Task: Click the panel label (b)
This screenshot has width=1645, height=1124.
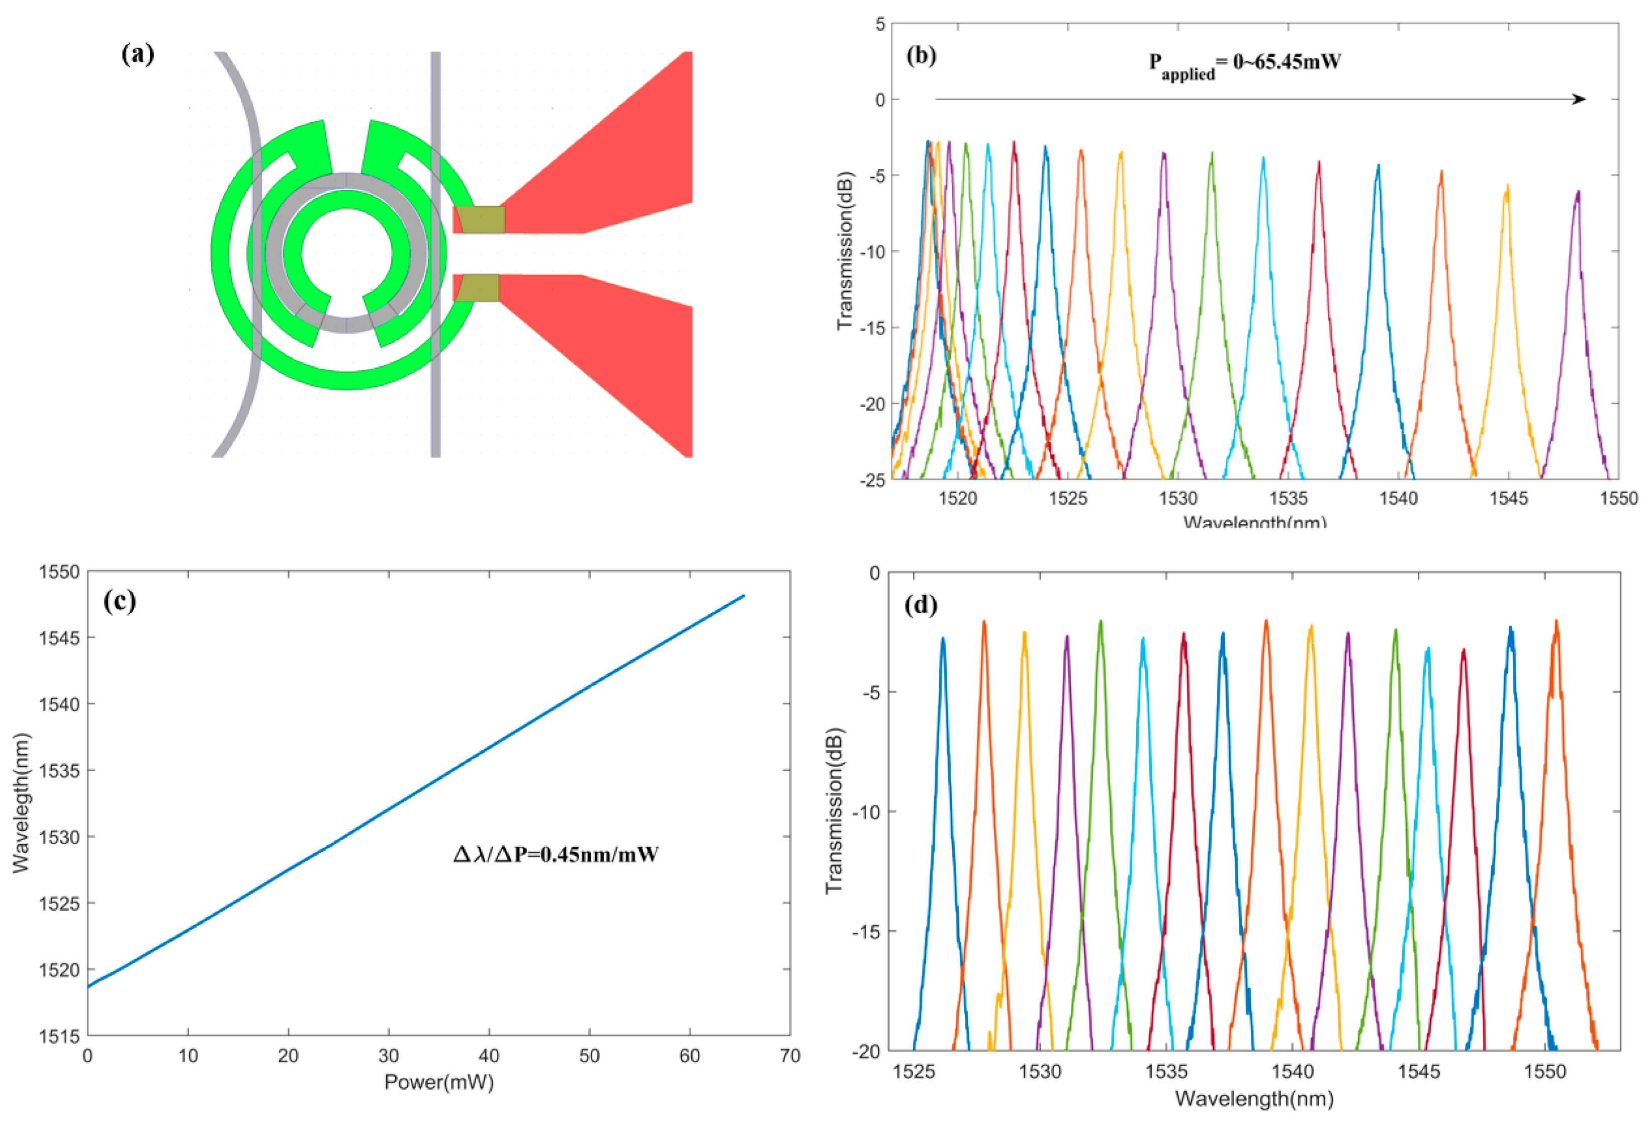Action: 921,56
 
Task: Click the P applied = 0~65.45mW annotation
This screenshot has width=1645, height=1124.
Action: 1244,64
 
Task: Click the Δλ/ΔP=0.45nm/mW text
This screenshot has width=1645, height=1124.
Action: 556,854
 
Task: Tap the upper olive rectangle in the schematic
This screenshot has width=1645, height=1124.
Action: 479,219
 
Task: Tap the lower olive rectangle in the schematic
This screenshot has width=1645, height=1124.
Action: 477,288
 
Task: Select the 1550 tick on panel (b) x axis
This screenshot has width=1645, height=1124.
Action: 1618,499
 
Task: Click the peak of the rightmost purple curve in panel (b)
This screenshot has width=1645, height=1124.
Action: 1577,192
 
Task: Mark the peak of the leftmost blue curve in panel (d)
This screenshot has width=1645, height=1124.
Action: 942,638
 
